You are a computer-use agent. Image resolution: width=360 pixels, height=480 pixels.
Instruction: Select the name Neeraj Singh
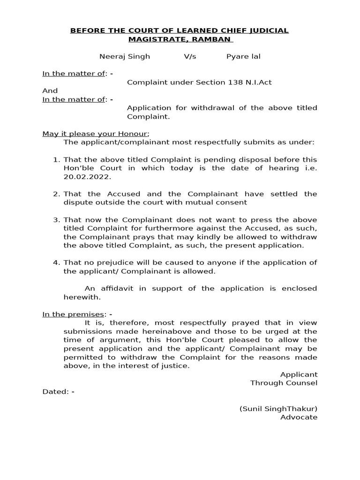coord(125,56)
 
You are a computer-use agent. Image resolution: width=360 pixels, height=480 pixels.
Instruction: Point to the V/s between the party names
coord(190,56)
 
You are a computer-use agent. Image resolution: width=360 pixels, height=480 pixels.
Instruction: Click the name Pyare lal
coord(243,56)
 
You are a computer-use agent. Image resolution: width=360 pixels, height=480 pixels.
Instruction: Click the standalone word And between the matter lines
coord(50,90)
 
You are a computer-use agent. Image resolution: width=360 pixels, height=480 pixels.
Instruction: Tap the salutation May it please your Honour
coord(95,134)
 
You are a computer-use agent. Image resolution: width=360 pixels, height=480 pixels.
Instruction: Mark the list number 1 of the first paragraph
coord(57,159)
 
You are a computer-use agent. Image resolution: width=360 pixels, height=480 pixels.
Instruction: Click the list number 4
coord(57,262)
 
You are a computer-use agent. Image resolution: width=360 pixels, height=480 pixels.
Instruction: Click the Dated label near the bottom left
coord(55,391)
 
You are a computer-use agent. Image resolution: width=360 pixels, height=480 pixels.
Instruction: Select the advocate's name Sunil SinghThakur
coord(278,409)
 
